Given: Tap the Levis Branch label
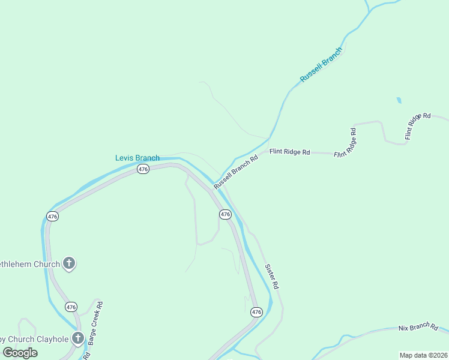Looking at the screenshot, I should (137, 158).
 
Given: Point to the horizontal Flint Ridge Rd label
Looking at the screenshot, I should (289, 152).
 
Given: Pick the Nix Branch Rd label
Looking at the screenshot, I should (418, 327).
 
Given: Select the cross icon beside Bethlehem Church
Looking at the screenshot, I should (69, 263).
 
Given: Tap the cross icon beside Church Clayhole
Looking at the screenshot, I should (77, 338).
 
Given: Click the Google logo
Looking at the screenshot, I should (20, 353).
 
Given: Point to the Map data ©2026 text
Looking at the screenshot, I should (423, 355).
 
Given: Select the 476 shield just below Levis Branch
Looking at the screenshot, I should (142, 170).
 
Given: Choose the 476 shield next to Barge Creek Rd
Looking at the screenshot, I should (71, 307).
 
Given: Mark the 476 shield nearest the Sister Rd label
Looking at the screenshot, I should (256, 312).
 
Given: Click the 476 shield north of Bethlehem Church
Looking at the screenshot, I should (52, 216).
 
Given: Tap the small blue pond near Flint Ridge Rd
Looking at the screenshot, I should (399, 100).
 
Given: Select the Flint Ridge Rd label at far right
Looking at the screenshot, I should (418, 125).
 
